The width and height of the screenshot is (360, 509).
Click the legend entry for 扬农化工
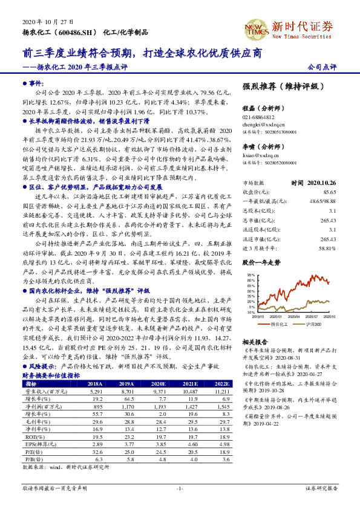point(279,325)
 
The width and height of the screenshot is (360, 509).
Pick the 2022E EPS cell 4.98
point(223,460)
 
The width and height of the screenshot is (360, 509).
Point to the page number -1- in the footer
point(180,488)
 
